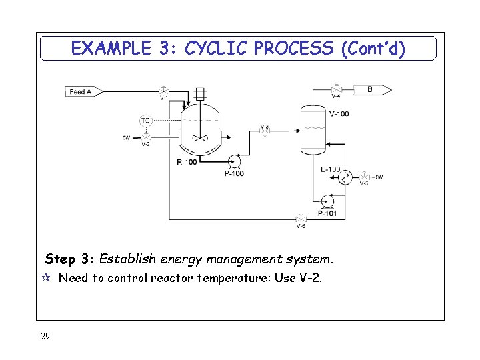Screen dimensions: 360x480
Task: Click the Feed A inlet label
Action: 81,91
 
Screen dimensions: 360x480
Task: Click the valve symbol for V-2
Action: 145,138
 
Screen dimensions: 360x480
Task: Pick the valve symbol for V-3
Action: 265,133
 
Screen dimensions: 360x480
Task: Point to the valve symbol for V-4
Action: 337,89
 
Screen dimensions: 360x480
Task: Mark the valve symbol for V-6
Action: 301,219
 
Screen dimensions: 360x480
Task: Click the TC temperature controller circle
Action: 145,121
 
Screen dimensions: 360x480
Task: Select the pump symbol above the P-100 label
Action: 234,162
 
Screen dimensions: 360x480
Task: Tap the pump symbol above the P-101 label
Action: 327,201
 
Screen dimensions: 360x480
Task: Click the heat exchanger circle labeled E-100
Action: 345,177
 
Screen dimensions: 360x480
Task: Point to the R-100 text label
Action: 187,163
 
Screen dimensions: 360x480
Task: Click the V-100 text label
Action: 339,113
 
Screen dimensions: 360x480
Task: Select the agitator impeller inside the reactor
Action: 199,138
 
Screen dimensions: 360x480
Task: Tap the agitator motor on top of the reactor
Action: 199,95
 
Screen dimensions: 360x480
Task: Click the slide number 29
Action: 45,337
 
